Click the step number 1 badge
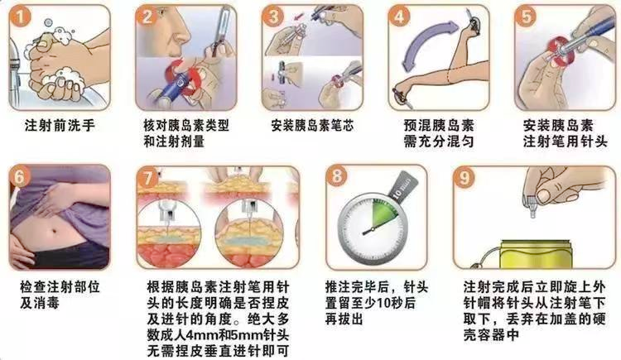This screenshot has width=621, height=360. (x=19, y=17)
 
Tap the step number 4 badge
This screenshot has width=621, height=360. (x=399, y=17)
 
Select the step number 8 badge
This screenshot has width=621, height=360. (x=336, y=175)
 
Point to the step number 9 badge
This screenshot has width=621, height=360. (x=464, y=177)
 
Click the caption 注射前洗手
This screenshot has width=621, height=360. (x=60, y=126)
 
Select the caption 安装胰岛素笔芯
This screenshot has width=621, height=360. (x=312, y=126)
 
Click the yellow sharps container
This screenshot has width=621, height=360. (x=536, y=254)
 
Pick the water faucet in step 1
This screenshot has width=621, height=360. (x=15, y=67)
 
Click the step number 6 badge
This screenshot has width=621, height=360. (x=19, y=176)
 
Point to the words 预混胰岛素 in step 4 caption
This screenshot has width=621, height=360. (x=439, y=126)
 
